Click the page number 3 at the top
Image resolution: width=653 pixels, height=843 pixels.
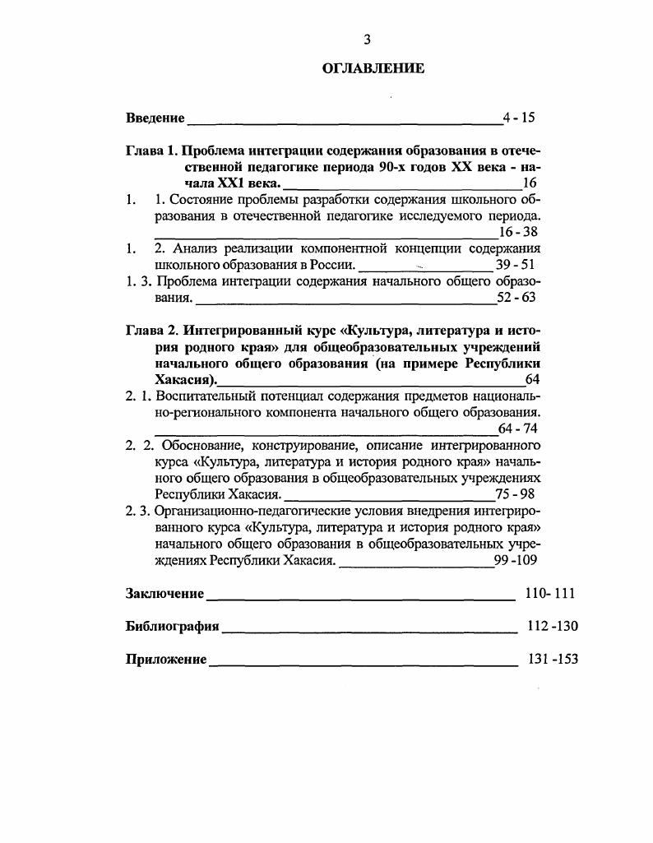[368, 39]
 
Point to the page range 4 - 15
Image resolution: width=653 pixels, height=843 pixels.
[519, 117]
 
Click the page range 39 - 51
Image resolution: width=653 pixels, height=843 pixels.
[516, 264]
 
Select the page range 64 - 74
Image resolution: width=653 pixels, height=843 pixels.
[518, 428]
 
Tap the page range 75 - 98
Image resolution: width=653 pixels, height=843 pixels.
[515, 494]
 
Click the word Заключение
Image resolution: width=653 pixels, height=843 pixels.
[164, 594]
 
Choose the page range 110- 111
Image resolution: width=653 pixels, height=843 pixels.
[549, 593]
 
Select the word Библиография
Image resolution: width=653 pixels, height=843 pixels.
[172, 627]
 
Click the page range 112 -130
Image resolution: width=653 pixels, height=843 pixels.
[553, 626]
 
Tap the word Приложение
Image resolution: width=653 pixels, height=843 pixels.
[166, 660]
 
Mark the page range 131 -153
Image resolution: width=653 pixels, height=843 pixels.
[552, 659]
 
